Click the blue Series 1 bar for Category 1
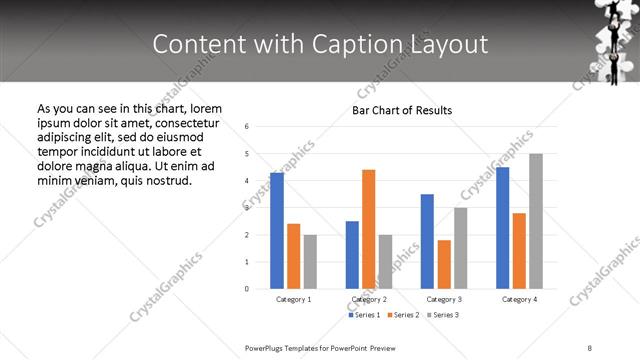point(277,231)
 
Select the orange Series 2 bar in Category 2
point(368,229)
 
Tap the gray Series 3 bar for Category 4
point(536,221)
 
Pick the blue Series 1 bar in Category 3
point(427,241)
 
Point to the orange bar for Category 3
point(444,264)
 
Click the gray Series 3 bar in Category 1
point(310,262)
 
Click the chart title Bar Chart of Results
point(402,110)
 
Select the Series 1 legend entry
point(364,315)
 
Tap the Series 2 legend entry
point(402,315)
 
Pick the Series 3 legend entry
point(441,315)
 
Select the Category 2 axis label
point(369,299)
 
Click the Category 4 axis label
point(519,299)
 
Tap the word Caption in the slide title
point(382,44)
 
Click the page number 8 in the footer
point(590,347)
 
